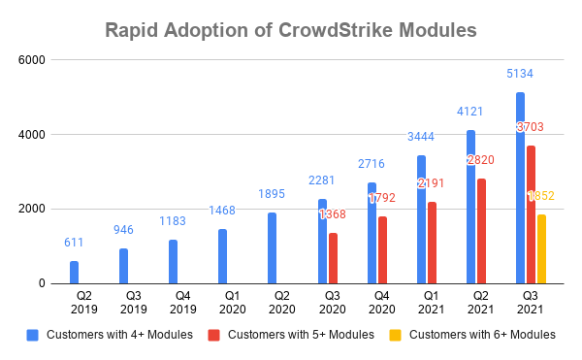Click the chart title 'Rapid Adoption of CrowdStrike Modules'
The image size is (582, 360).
click(x=290, y=30)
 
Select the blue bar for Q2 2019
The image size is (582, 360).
click(x=74, y=272)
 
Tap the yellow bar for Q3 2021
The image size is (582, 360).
click(x=541, y=249)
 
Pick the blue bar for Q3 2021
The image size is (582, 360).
click(x=520, y=188)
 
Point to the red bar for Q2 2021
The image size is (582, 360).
click(x=482, y=231)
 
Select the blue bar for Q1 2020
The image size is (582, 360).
click(x=223, y=256)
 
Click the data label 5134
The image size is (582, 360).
click(x=520, y=74)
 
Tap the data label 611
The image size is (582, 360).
click(x=74, y=243)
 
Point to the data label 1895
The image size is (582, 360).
click(x=273, y=194)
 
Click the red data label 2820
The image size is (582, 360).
click(x=482, y=160)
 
